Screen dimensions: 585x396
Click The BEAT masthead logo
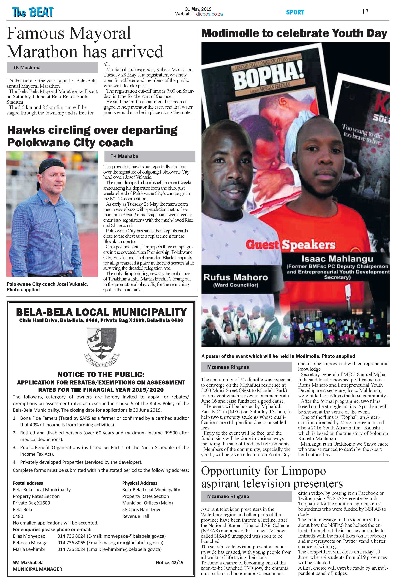(x=33, y=12)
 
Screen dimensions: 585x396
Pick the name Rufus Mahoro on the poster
(x=235, y=277)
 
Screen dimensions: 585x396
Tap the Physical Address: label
(x=140, y=483)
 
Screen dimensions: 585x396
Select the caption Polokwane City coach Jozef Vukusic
(x=47, y=284)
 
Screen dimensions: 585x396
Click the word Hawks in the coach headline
(x=26, y=130)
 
